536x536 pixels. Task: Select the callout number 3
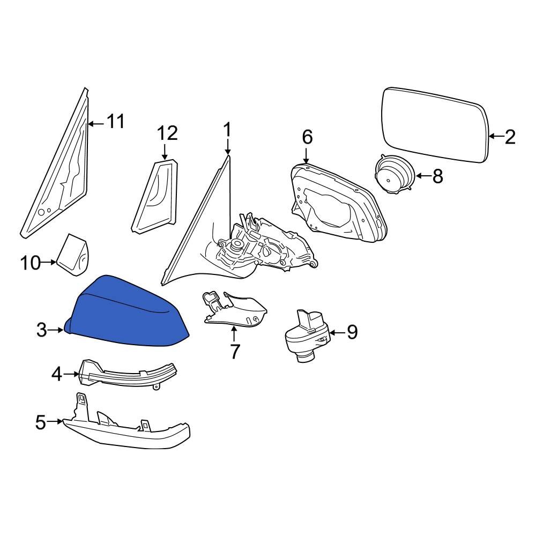[42, 330]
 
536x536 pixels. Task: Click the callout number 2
[510, 137]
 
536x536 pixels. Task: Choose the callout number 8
[438, 176]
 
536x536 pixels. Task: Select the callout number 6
[307, 137]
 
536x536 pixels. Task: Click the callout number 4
[57, 374]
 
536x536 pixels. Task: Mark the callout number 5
[41, 422]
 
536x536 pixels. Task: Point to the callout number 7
[235, 351]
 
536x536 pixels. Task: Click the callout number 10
[31, 263]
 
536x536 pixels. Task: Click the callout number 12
[167, 132]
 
